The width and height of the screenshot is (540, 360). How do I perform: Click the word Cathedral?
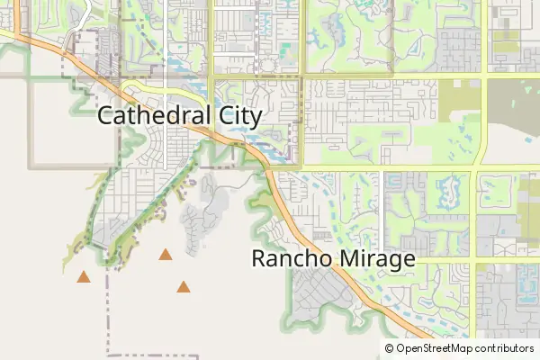tap(149, 116)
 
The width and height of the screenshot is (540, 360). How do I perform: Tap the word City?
tap(234, 117)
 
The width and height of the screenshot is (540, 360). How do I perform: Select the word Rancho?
tap(290, 259)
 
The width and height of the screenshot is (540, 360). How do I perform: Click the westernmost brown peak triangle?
tap(84, 277)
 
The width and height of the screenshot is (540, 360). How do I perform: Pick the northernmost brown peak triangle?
tap(166, 255)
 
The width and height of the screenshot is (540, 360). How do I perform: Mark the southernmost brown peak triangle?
tap(184, 287)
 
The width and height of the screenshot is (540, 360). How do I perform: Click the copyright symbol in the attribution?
tap(390, 348)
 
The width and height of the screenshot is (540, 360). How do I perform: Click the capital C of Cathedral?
tap(104, 116)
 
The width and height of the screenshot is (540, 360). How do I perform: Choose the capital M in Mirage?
tap(347, 259)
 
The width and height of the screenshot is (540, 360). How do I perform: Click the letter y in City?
tap(256, 119)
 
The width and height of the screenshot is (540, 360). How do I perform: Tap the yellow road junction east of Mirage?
tap(475, 261)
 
